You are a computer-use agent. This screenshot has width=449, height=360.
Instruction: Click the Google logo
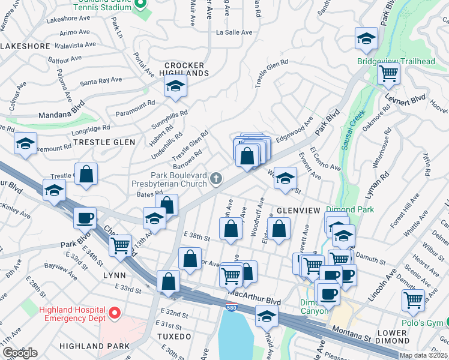(x=20, y=352)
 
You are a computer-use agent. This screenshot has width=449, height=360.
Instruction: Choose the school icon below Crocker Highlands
(x=175, y=88)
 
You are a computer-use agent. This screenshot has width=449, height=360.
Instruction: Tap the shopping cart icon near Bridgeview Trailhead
(x=389, y=74)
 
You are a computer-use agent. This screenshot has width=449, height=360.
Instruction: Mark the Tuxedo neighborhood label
(x=176, y=336)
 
